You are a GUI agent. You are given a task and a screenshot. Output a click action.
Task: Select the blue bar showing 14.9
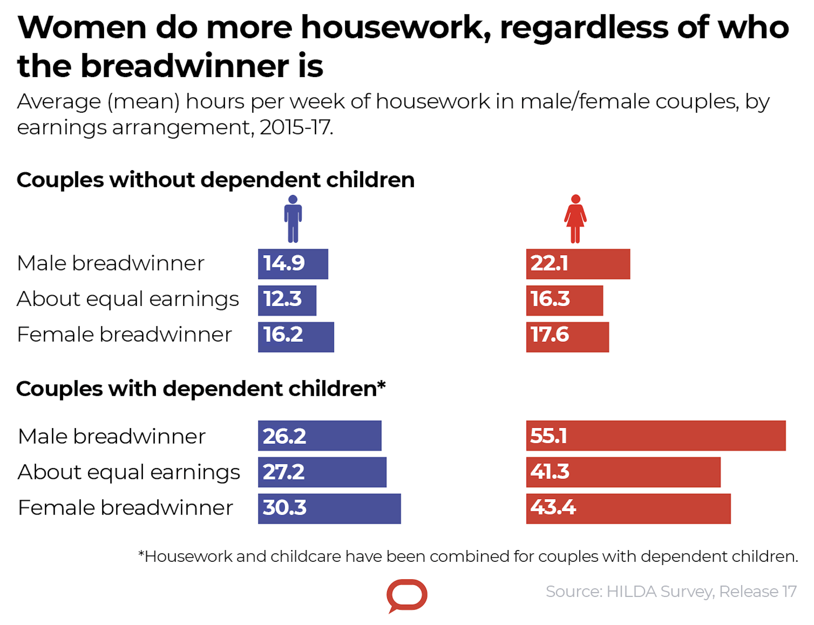pyautogui.click(x=293, y=264)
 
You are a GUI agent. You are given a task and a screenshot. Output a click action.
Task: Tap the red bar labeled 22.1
pyautogui.click(x=578, y=264)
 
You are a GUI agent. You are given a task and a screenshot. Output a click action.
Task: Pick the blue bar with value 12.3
pyautogui.click(x=287, y=300)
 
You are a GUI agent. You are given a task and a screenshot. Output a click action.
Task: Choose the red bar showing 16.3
pyautogui.click(x=564, y=300)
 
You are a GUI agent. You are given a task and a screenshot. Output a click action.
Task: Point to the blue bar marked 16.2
pyautogui.click(x=296, y=337)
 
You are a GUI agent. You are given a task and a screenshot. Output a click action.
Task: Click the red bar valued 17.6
pyautogui.click(x=567, y=337)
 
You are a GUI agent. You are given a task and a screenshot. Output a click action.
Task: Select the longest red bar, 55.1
pyautogui.click(x=656, y=435)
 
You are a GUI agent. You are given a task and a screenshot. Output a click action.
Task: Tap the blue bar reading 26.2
pyautogui.click(x=320, y=435)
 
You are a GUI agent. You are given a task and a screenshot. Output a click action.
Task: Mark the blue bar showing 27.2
pyautogui.click(x=322, y=472)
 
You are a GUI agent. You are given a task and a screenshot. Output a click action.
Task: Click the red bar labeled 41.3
pyautogui.click(x=623, y=472)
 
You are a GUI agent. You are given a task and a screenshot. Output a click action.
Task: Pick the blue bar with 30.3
pyautogui.click(x=329, y=508)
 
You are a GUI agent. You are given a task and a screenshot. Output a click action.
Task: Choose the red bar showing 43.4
pyautogui.click(x=628, y=508)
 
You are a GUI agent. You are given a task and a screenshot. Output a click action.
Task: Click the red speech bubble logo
pyautogui.click(x=407, y=594)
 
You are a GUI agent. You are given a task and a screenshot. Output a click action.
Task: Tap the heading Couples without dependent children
pyautogui.click(x=216, y=180)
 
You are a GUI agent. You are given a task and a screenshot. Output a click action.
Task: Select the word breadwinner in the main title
pyautogui.click(x=185, y=66)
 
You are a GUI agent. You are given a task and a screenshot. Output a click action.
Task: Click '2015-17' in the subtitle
pyautogui.click(x=296, y=128)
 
